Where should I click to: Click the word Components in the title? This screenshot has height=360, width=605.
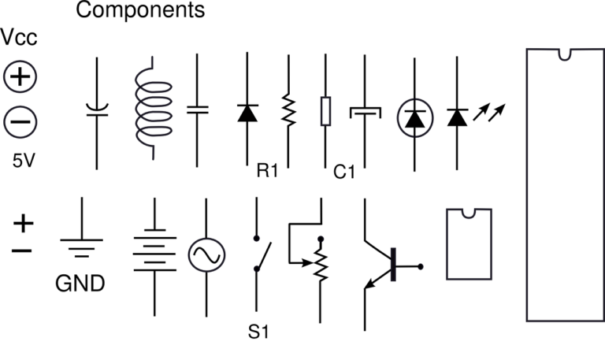pos(140,11)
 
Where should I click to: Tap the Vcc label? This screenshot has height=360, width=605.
pos(20,38)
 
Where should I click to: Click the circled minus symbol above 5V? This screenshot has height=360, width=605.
pos(20,122)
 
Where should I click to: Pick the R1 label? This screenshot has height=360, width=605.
pos(269,171)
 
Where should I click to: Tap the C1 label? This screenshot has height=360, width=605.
pos(345,171)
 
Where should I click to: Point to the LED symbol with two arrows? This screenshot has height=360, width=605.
pos(461,117)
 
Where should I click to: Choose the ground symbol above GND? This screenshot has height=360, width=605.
pos(80,240)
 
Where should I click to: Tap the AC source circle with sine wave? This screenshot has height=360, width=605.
pos(206,254)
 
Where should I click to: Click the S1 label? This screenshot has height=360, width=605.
pos(259,332)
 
